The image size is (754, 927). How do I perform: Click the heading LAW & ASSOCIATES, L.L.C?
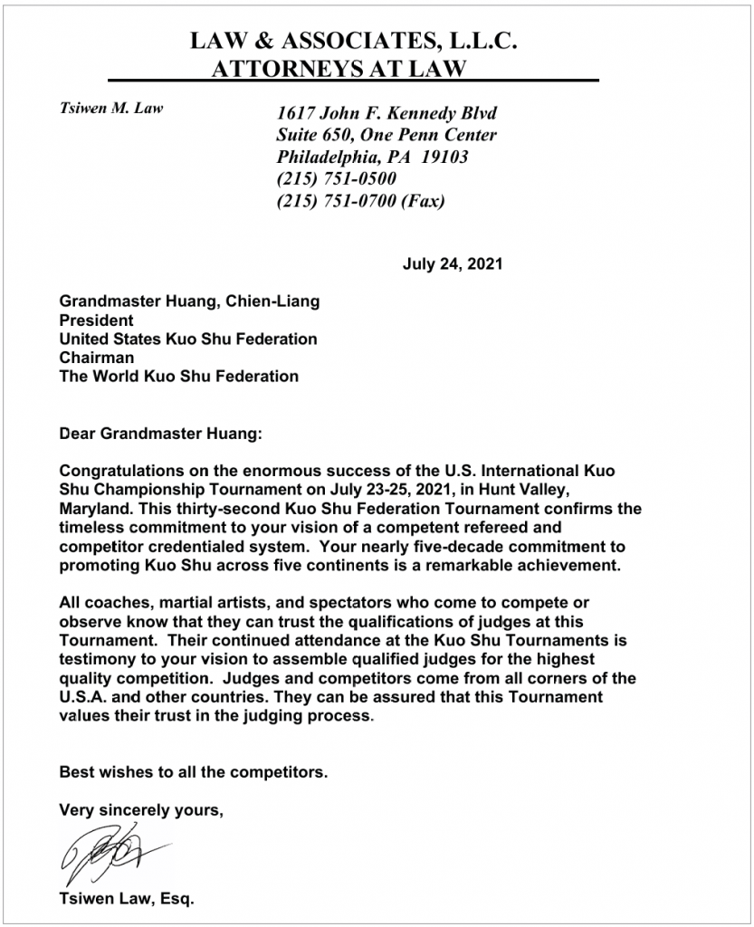(x=353, y=41)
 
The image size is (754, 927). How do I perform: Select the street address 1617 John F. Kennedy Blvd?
(x=387, y=114)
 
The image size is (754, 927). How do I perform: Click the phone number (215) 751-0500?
(x=336, y=179)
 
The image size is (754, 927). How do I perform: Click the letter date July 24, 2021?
(x=451, y=265)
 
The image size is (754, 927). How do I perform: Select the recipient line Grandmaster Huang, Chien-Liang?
(x=189, y=301)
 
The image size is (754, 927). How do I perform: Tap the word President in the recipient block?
(x=96, y=320)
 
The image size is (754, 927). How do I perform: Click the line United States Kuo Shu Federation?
(x=188, y=339)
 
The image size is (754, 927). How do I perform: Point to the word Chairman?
(x=97, y=358)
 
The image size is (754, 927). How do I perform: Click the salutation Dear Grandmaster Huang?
(x=159, y=434)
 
